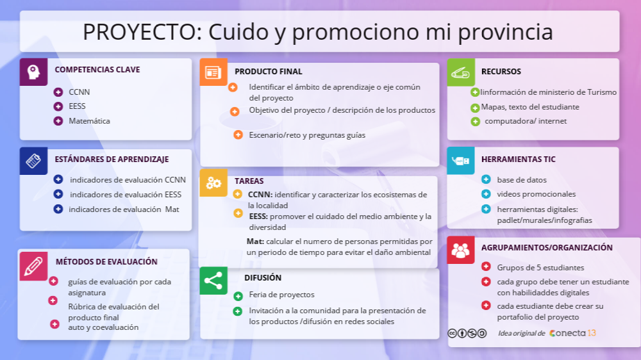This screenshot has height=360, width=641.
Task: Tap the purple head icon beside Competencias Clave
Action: (33, 72)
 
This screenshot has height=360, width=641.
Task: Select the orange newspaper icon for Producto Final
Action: (213, 72)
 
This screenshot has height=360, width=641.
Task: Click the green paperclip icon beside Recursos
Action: (460, 72)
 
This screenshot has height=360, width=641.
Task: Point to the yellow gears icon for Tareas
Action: (213, 183)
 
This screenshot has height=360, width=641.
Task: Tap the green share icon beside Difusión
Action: (213, 281)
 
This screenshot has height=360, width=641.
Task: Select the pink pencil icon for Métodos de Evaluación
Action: (33, 266)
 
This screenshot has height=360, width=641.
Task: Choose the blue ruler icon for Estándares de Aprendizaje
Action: (33, 161)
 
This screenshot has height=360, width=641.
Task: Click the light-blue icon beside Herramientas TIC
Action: (460, 160)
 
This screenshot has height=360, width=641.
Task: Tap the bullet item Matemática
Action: (89, 121)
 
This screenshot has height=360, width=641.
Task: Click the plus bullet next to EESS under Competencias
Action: (58, 106)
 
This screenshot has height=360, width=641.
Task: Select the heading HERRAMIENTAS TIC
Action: (518, 160)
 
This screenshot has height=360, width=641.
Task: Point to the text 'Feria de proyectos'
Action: (281, 295)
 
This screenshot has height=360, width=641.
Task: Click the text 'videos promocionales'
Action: (536, 194)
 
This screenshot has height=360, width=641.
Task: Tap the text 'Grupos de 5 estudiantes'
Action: (540, 268)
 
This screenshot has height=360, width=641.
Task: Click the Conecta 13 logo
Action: (572, 333)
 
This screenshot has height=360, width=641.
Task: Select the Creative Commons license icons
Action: (467, 333)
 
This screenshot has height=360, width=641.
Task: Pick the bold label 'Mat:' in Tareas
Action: (255, 241)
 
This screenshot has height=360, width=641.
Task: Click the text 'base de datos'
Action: (522, 180)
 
